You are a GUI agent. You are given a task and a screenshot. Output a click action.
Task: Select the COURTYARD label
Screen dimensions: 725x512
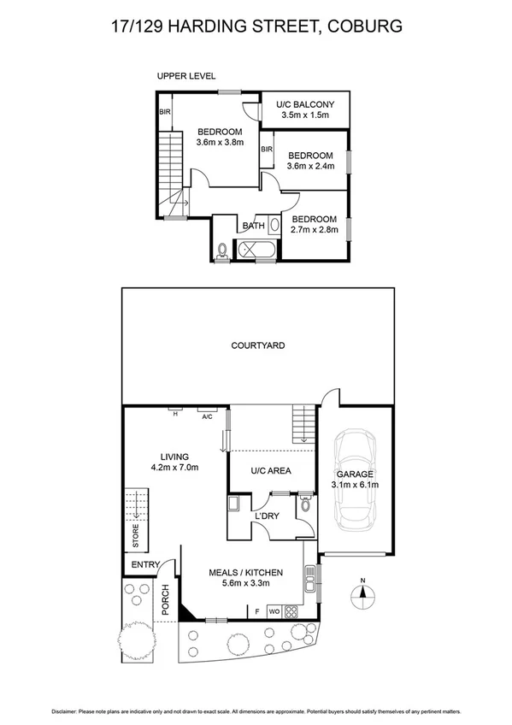pos(257,346)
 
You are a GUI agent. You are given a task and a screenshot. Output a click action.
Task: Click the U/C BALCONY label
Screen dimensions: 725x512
pos(304,104)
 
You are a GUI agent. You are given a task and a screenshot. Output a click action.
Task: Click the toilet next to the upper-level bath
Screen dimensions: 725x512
pos(222,251)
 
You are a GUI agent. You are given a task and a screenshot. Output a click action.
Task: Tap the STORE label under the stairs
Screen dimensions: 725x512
pos(134,537)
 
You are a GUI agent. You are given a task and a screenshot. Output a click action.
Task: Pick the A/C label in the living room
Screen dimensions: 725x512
pos(207,416)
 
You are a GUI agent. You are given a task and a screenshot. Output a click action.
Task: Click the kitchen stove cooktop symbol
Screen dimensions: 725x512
pos(291,611)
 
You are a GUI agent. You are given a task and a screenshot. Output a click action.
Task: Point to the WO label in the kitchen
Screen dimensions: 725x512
pos(274,612)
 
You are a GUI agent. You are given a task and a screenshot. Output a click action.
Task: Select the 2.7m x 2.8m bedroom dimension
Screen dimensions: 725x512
pos(315,230)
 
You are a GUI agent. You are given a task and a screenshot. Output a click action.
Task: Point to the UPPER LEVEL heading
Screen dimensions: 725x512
pos(186,77)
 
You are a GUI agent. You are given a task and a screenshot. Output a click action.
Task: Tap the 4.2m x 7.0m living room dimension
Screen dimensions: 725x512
pos(174,468)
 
